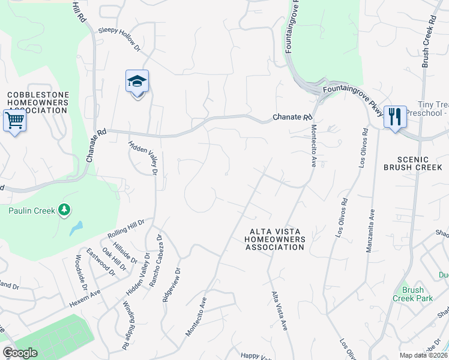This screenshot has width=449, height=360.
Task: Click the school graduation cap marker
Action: click(x=137, y=82)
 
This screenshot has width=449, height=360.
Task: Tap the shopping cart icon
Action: click(x=14, y=121)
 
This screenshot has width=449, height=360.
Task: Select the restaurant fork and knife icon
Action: click(x=394, y=116)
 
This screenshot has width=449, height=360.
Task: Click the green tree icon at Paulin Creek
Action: click(x=64, y=210)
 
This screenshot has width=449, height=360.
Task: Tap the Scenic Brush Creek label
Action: click(x=414, y=163)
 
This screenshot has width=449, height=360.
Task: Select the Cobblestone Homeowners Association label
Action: click(x=38, y=103)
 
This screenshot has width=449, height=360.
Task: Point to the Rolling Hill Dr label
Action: click(x=126, y=228)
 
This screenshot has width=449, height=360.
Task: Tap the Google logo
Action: click(x=20, y=353)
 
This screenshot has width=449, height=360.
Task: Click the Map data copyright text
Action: click(x=423, y=355)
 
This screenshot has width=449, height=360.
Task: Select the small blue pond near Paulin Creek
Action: click(x=75, y=227)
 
